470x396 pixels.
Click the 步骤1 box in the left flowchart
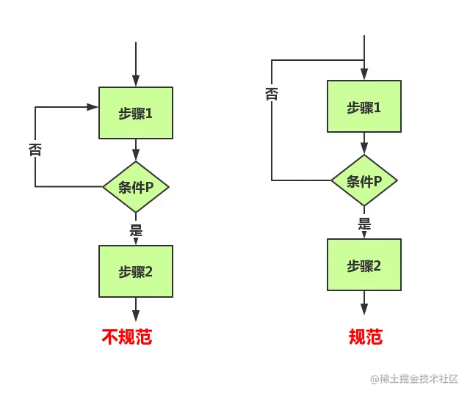click(x=136, y=113)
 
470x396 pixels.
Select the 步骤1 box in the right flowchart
click(x=364, y=107)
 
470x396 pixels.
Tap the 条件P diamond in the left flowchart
click(x=136, y=186)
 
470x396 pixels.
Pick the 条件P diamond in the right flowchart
click(x=364, y=180)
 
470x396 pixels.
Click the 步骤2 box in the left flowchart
click(x=136, y=271)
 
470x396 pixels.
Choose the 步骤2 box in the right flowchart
click(x=364, y=265)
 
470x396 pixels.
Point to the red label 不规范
click(x=127, y=337)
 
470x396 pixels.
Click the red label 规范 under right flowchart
click(x=365, y=337)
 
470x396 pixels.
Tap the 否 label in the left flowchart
click(x=35, y=150)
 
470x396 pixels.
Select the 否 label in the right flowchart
click(x=272, y=94)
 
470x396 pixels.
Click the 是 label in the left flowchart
click(x=136, y=230)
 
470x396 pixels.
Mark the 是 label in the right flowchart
click(x=364, y=224)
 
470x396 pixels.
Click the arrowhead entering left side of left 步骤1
click(x=93, y=107)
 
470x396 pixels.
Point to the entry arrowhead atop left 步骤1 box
click(x=136, y=81)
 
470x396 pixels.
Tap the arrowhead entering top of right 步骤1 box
click(x=364, y=75)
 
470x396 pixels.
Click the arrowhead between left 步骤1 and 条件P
click(x=136, y=155)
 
